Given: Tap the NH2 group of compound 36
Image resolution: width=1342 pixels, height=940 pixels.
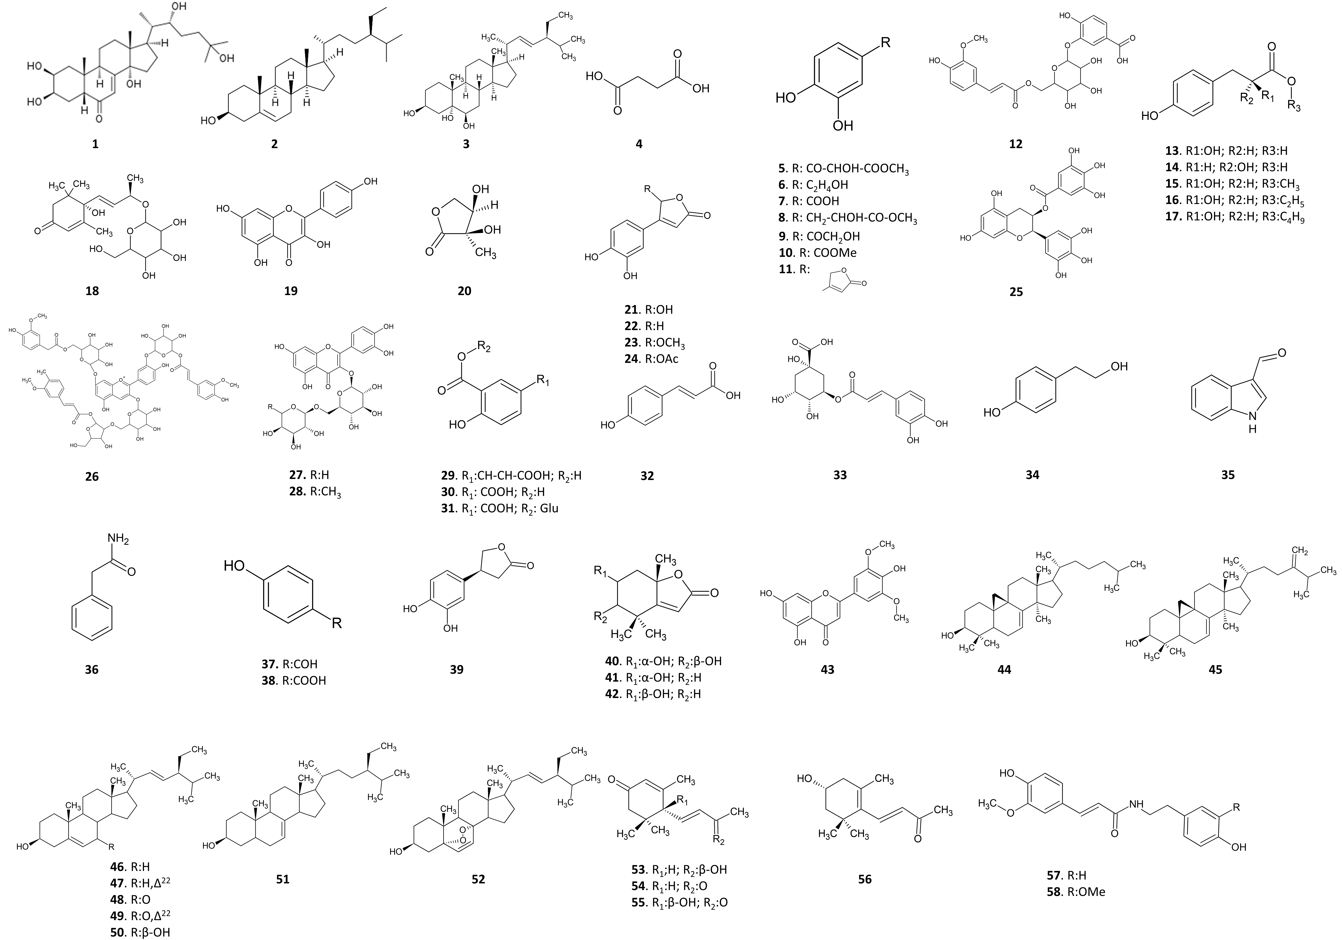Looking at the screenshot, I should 119,540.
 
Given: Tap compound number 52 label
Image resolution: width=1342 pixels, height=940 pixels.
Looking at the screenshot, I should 478,879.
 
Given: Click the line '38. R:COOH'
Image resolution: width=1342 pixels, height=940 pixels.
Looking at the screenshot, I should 293,681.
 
